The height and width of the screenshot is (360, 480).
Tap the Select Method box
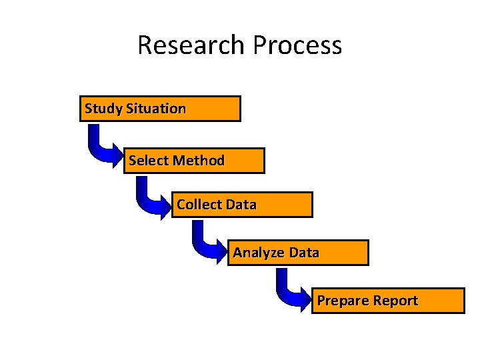(x=194, y=161)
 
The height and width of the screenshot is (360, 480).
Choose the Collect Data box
(x=242, y=205)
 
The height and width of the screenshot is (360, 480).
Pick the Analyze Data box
(x=298, y=253)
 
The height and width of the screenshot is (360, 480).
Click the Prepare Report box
(x=388, y=301)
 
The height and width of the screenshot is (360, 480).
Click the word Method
(x=199, y=161)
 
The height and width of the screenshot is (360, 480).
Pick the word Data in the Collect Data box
(x=241, y=205)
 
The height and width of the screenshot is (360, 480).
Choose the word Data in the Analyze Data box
(x=304, y=253)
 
